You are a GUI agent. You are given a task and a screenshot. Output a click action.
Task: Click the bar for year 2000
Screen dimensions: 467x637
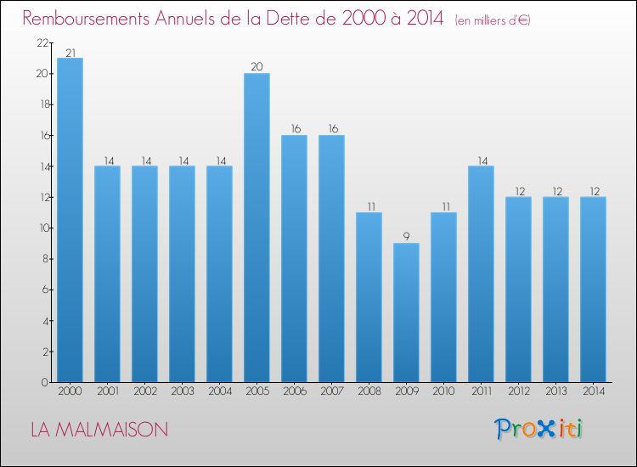(70, 220)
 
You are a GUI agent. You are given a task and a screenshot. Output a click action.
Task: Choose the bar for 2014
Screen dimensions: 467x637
(593, 290)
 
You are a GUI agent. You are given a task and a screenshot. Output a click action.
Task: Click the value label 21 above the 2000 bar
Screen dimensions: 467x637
(70, 53)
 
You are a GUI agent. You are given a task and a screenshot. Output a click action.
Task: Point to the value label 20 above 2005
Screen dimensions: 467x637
(256, 67)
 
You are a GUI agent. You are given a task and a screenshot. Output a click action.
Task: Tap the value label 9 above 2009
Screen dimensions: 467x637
(406, 237)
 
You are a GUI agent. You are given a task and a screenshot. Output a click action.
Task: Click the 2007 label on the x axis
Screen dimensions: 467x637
(331, 391)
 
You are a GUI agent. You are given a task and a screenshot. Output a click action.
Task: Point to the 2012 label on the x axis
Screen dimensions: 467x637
(518, 391)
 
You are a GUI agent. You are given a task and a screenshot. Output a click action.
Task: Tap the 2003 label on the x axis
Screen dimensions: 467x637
(182, 391)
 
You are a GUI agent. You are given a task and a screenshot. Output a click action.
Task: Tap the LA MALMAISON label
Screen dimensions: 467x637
(99, 430)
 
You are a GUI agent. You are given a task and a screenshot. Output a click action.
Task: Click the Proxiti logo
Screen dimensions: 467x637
(538, 429)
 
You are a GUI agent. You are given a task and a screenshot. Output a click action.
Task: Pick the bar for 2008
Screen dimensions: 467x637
(369, 297)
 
